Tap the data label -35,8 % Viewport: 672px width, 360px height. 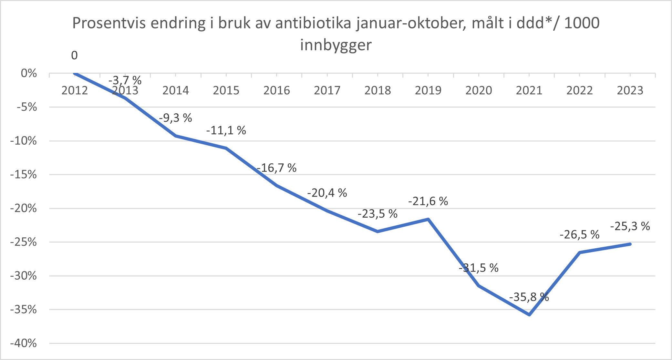[529, 297]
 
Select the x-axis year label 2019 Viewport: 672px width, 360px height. [428, 90]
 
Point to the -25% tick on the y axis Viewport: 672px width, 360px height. [24, 242]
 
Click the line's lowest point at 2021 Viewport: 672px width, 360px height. [529, 314]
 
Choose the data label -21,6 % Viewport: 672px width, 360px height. [428, 201]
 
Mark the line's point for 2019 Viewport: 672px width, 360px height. [428, 219]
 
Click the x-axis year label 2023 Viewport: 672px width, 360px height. [630, 90]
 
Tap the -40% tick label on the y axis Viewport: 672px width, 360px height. [24, 343]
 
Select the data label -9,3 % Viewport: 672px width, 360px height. [175, 118]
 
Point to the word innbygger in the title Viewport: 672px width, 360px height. [336, 45]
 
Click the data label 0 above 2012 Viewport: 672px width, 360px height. [74, 56]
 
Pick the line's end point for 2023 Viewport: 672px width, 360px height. [630, 244]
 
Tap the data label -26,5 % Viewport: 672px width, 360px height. [579, 235]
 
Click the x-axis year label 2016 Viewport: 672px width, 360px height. [276, 90]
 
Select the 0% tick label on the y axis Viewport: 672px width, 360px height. [29, 74]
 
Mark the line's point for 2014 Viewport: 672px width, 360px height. [175, 136]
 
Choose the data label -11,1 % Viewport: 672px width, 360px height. [226, 130]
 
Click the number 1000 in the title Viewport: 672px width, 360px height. [582, 23]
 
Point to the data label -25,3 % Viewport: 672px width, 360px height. [630, 226]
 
